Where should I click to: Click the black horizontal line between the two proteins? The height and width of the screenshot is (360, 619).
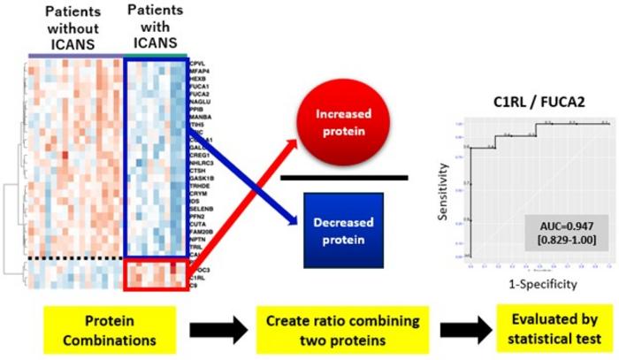344,178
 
